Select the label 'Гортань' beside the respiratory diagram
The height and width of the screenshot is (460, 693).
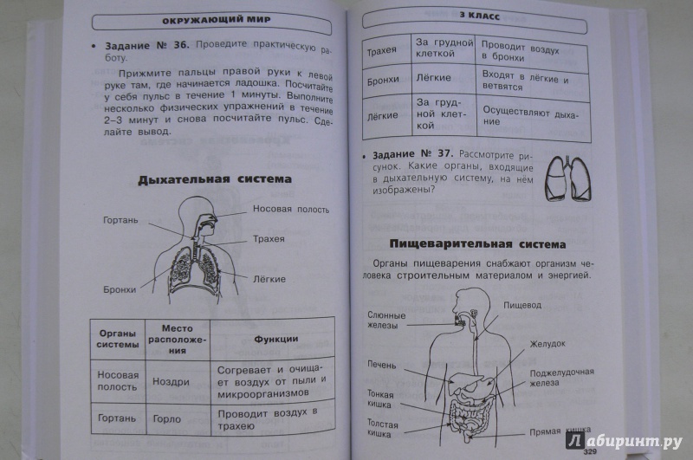[119, 220]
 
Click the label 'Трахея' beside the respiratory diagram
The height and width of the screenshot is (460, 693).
[269, 237]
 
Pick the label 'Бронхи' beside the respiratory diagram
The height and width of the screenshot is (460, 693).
[120, 289]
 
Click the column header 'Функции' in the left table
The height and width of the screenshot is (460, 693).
[275, 339]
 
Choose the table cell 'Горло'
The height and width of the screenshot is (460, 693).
[169, 417]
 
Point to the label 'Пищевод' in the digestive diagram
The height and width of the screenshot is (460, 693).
[534, 305]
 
